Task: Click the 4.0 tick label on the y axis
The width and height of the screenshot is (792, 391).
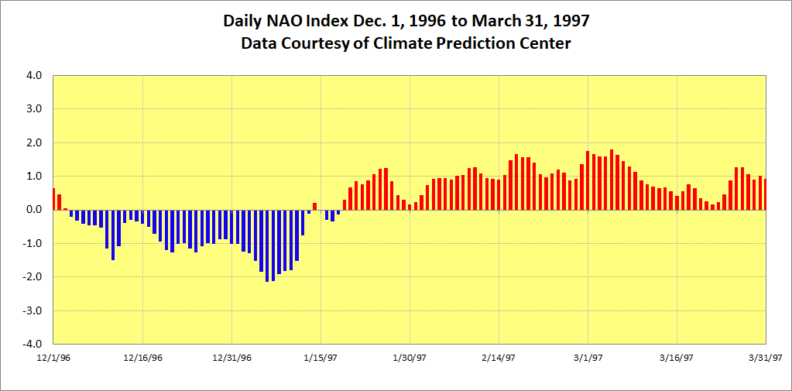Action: point(33,76)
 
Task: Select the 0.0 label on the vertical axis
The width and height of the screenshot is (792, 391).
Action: point(33,210)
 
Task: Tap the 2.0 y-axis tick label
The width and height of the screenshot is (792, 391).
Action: point(33,143)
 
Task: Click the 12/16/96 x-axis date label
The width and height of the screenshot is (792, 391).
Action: point(142,358)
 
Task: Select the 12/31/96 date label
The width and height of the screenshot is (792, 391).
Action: point(231,358)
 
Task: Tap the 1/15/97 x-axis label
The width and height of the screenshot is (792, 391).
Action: point(321,358)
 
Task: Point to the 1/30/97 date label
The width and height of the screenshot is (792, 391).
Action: point(410,358)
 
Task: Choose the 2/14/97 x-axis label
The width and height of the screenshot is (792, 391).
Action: point(499,358)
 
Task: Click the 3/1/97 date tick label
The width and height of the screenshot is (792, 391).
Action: point(588,358)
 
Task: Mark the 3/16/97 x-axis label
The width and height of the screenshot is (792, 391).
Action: point(677,358)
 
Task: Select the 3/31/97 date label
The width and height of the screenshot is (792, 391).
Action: point(766,358)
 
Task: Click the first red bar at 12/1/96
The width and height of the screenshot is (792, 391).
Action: point(53,199)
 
